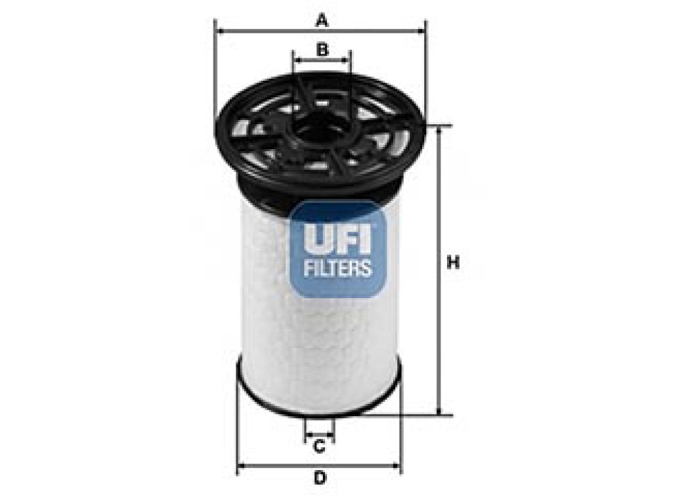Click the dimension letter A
tap(321, 21)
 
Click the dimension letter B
tap(321, 50)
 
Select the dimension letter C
tap(319, 447)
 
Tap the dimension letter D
tap(319, 476)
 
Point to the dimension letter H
tap(453, 263)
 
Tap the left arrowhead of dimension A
tap(219, 31)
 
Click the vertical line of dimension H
tap(443, 319)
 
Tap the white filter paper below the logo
tap(319, 341)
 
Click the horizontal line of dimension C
tap(319, 434)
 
